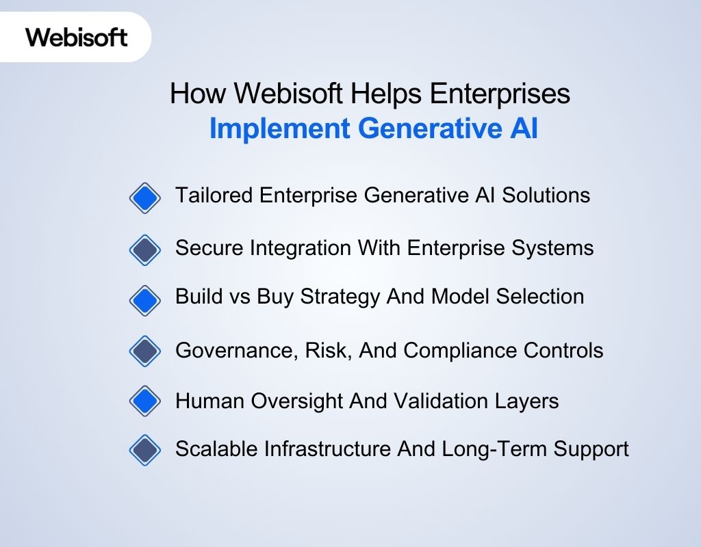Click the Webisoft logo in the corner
[x=77, y=37]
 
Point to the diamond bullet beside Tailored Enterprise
[x=144, y=198]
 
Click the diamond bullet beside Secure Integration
[x=144, y=250]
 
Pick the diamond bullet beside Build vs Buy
[x=144, y=299]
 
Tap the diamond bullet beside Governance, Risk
[x=144, y=351]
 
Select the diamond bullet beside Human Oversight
[x=144, y=401]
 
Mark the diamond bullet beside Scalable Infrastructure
[x=144, y=451]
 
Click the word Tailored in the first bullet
[x=214, y=196]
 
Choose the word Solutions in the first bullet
[x=546, y=196]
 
